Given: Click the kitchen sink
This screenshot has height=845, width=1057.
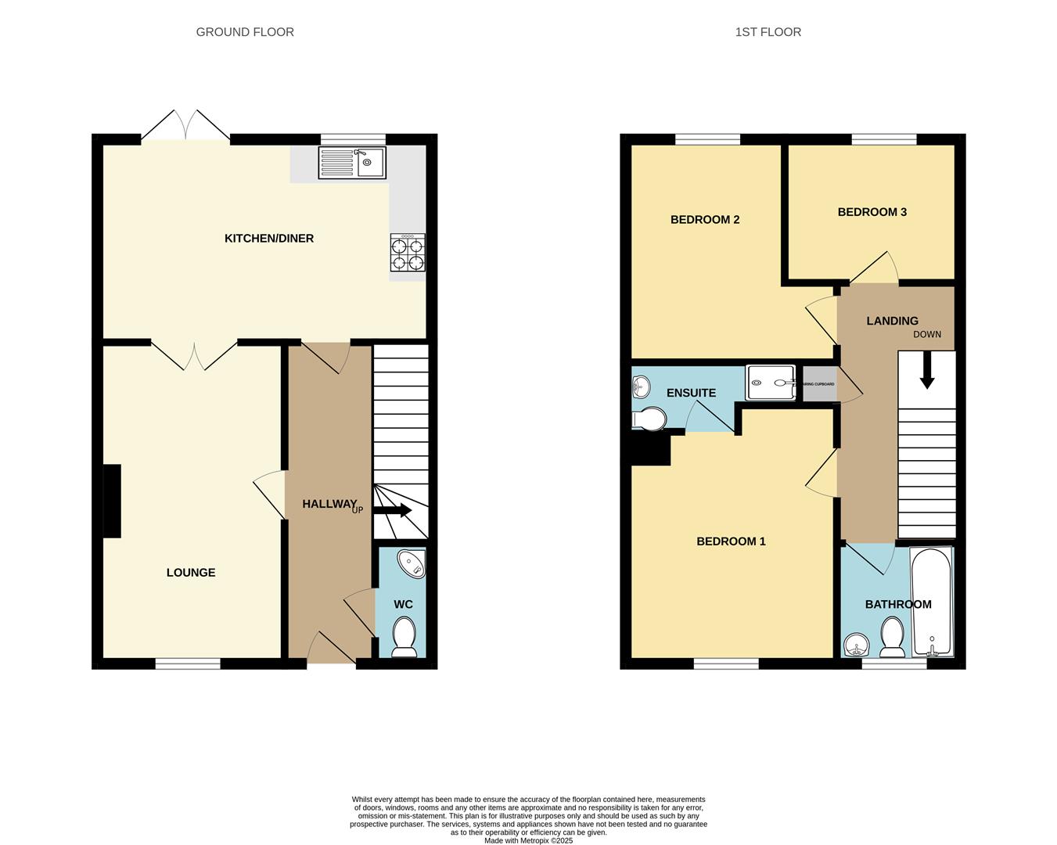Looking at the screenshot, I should point(352,163).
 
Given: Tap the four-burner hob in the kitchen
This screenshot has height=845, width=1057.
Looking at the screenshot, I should point(408,253).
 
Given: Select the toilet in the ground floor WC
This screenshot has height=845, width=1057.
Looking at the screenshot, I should point(404,635).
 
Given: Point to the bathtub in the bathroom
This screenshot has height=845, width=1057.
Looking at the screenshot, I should point(931,602).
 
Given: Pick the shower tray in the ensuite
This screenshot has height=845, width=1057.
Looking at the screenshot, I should point(770,383).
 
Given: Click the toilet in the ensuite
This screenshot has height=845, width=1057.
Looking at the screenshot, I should point(649,419).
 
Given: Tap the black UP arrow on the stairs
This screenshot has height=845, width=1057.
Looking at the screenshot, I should point(394,510).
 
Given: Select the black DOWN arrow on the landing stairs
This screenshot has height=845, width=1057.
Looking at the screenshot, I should point(927,371).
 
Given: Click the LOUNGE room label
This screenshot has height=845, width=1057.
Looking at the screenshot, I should point(191,573).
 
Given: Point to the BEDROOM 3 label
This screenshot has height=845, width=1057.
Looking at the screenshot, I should point(872,212).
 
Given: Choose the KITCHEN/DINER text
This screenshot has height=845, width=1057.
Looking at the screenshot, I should point(269,239).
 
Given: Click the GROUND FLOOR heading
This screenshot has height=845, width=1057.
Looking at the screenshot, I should point(245,32).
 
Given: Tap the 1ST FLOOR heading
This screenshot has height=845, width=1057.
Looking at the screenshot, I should point(768,32).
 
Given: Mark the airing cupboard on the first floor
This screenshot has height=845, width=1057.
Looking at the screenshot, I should point(818,384).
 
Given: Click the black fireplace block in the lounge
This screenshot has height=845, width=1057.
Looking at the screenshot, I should point(112,501).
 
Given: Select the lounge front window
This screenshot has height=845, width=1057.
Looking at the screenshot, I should point(188,664).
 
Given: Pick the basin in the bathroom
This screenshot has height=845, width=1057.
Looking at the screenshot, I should point(857,645).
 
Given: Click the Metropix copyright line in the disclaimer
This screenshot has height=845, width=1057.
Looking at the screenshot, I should point(528,841).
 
